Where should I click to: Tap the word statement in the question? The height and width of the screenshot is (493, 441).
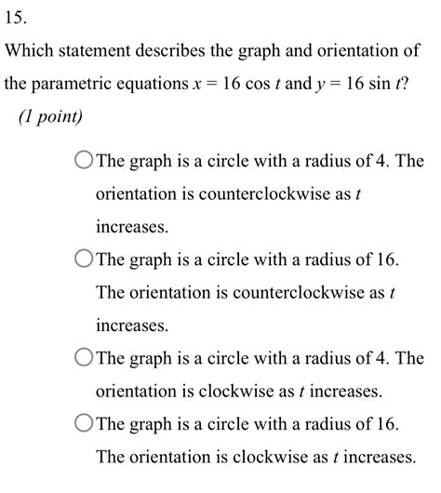pos(109,49)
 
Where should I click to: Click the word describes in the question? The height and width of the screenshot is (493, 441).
pos(192,49)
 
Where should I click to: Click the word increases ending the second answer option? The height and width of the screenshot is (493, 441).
pos(132,326)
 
